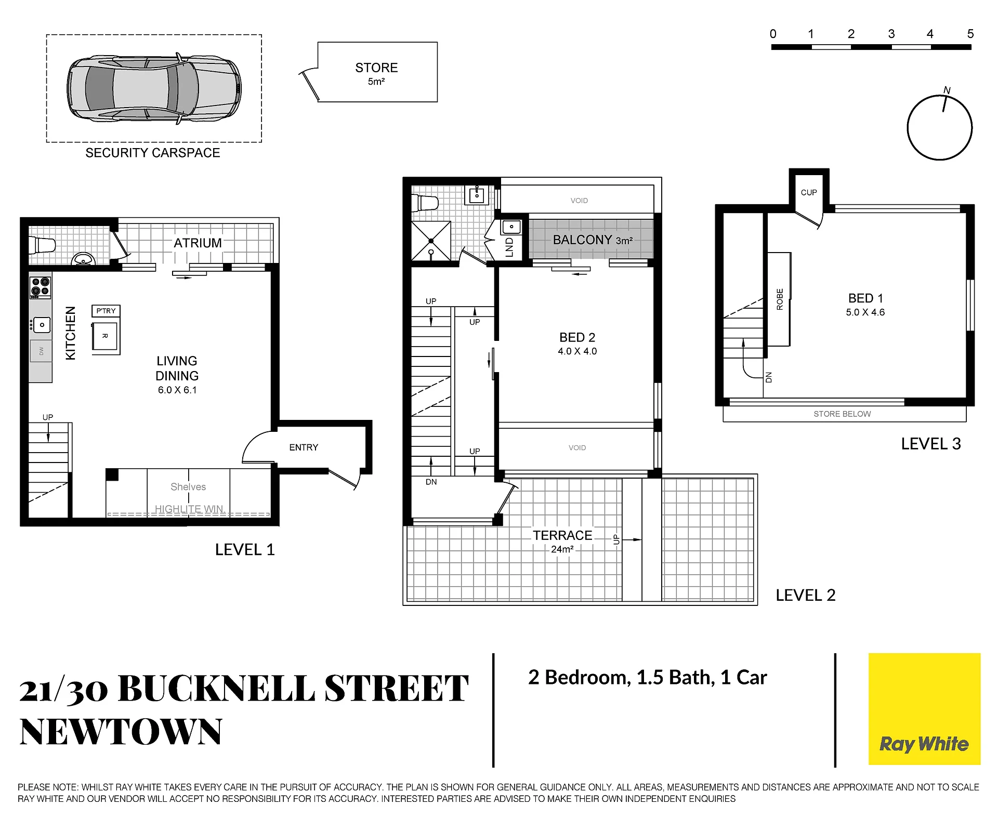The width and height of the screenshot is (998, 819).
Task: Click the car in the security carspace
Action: (x=154, y=88)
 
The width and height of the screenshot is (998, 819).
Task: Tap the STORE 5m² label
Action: (x=377, y=73)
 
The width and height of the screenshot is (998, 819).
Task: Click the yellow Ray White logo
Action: (x=924, y=709)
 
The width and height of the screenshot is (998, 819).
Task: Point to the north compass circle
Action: (x=940, y=128)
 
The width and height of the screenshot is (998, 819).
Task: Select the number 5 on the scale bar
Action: (x=970, y=34)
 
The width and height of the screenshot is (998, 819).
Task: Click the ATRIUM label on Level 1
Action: (x=198, y=243)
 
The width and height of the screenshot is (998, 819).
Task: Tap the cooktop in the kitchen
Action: (x=40, y=286)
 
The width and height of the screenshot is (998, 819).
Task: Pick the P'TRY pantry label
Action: (x=106, y=311)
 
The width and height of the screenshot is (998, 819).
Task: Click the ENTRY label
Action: (x=304, y=447)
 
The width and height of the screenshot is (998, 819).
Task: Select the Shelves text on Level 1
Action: (x=188, y=487)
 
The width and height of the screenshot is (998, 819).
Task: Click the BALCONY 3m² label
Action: (x=593, y=240)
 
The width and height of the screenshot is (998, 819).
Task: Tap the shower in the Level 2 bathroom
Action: (x=431, y=241)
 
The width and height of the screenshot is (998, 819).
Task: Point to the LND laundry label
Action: (x=509, y=247)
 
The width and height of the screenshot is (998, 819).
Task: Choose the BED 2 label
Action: (x=577, y=337)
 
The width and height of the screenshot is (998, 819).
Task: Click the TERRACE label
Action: (x=562, y=535)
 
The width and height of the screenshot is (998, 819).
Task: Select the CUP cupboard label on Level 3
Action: (x=809, y=192)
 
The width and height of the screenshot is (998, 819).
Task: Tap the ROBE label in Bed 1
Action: (x=780, y=299)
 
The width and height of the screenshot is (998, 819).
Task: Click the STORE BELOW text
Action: (x=842, y=414)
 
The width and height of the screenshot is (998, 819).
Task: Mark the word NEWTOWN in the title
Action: (x=121, y=732)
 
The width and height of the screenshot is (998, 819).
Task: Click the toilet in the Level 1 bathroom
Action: (x=43, y=245)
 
